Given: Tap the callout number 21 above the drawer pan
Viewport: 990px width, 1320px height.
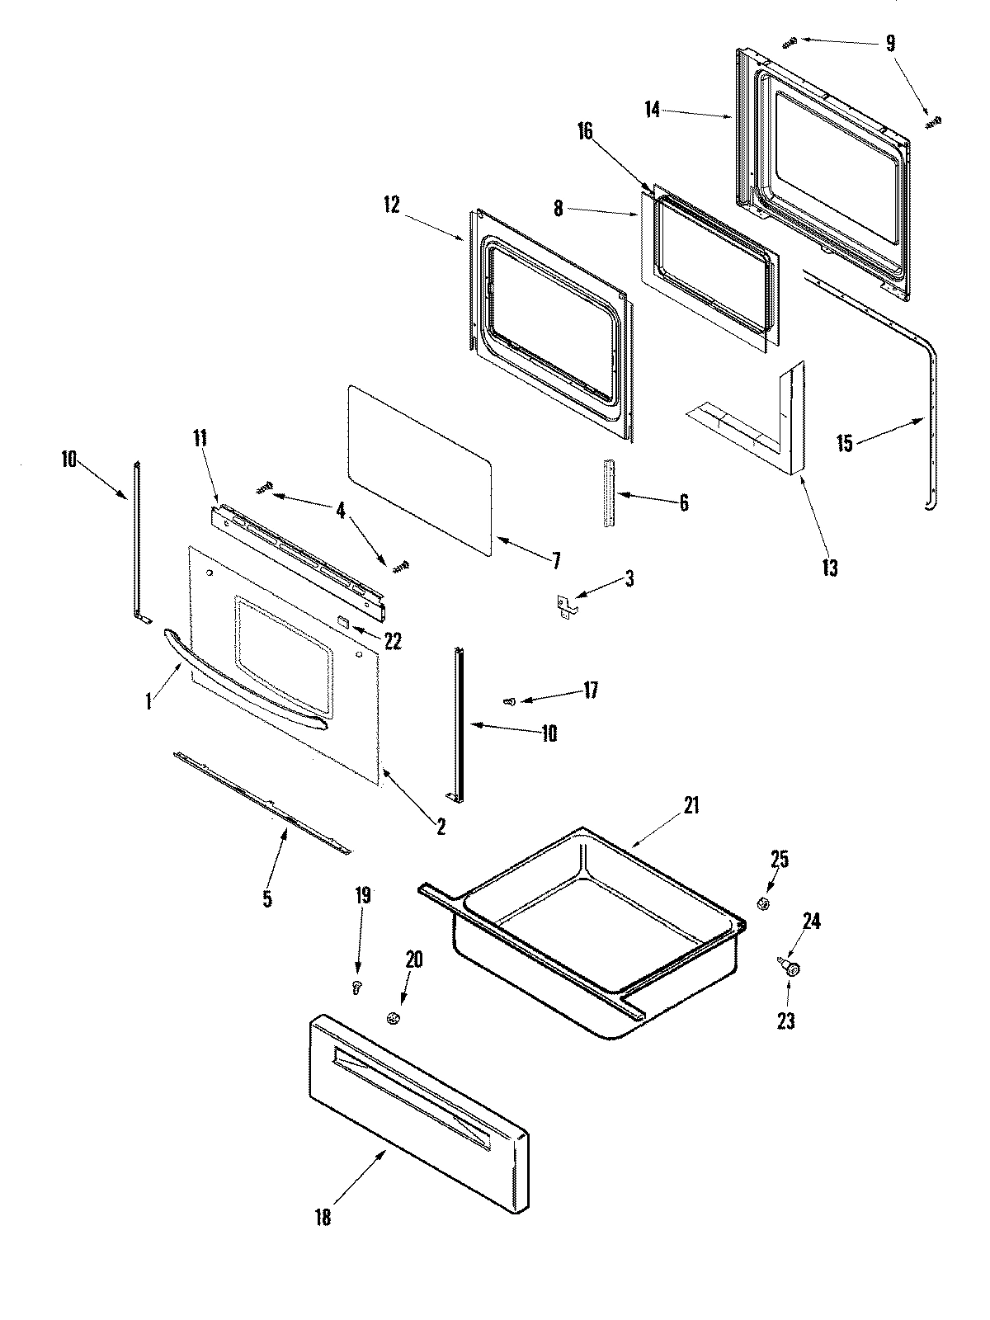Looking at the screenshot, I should pyautogui.click(x=691, y=805).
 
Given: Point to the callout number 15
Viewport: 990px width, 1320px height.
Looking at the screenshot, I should pyautogui.click(x=844, y=443).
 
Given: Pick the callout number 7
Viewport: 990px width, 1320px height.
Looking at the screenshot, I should pyautogui.click(x=556, y=562).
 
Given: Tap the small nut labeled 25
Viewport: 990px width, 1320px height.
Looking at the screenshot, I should pyautogui.click(x=764, y=904).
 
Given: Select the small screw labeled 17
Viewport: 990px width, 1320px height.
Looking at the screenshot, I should pyautogui.click(x=509, y=701).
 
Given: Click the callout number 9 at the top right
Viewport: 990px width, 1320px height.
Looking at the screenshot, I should pyautogui.click(x=890, y=43).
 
